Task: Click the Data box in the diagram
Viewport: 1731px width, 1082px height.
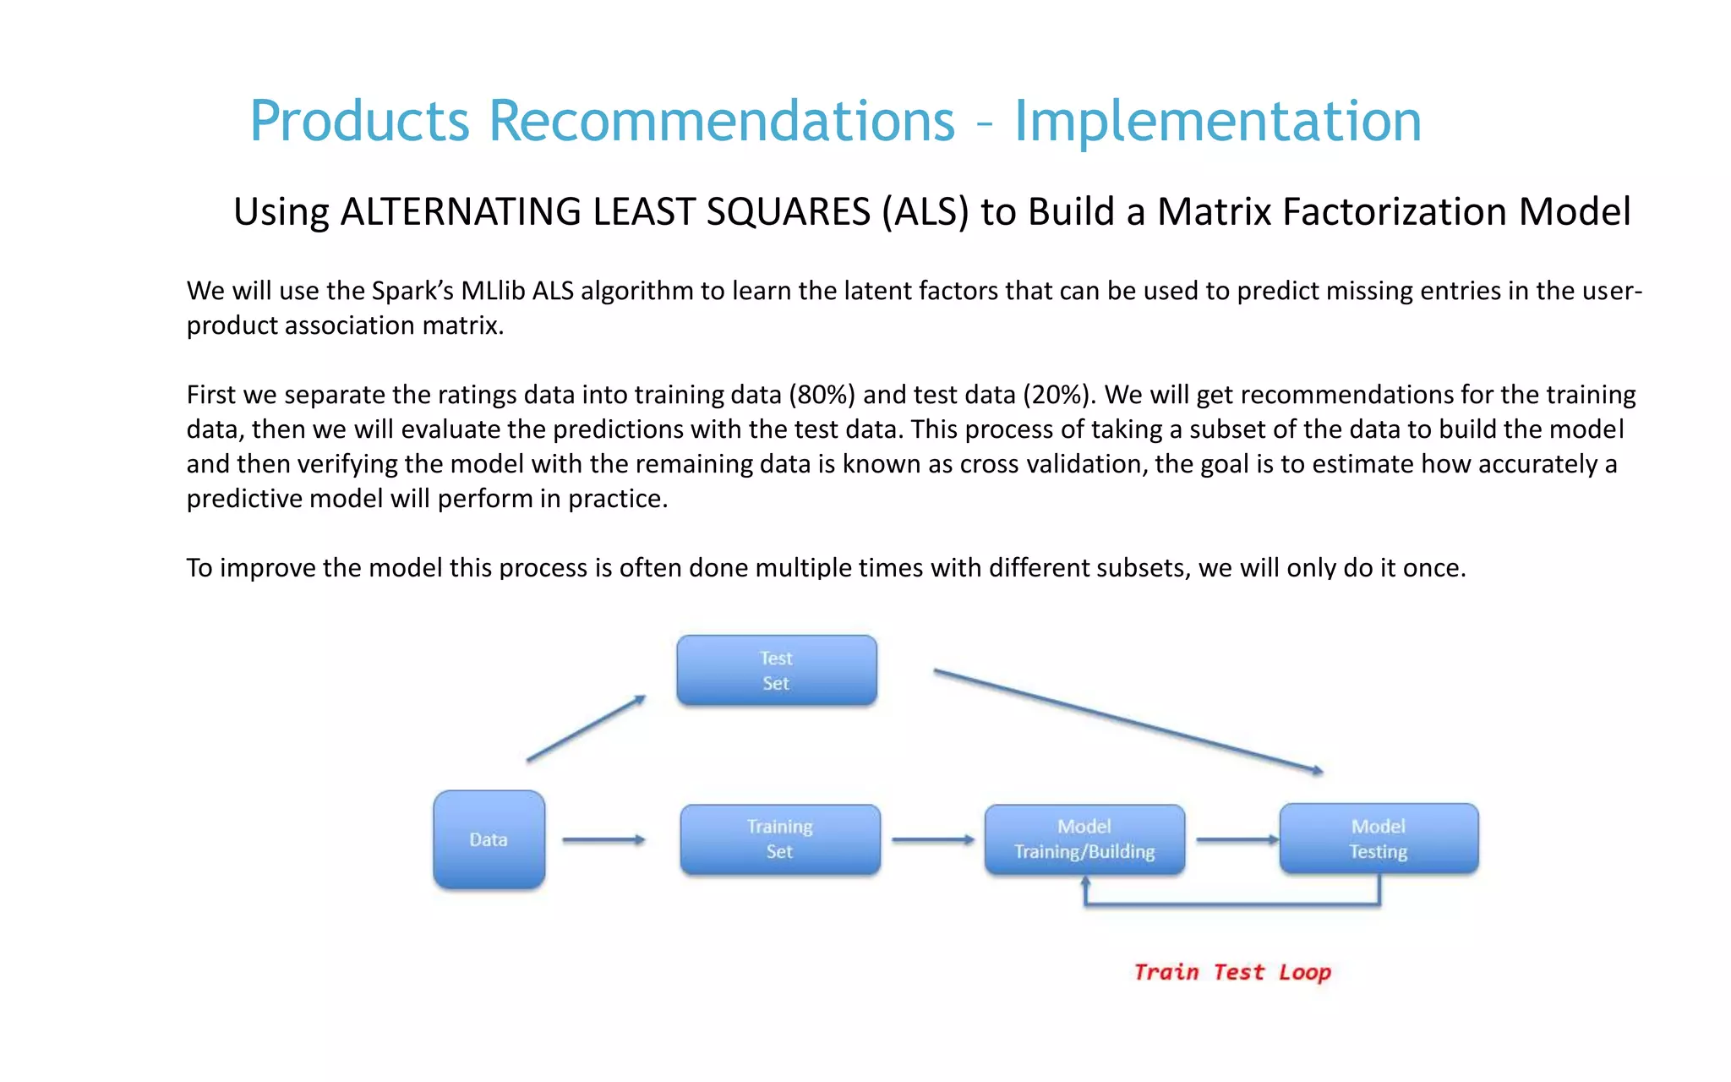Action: (489, 839)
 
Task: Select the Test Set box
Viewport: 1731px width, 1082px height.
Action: (776, 670)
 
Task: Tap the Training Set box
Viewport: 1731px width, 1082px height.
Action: (779, 839)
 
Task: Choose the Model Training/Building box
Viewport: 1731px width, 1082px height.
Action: (1084, 839)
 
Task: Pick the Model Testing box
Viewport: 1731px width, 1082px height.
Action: (1379, 839)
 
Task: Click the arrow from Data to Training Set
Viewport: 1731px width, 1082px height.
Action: (603, 839)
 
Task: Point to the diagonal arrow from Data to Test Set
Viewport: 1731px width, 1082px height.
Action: (586, 729)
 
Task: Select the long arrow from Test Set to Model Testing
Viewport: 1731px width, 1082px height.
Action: (1128, 719)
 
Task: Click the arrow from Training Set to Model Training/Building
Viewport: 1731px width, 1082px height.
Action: (932, 839)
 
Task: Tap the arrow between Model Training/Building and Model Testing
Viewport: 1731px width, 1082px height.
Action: (1237, 839)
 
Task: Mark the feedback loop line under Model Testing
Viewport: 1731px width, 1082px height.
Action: (1232, 904)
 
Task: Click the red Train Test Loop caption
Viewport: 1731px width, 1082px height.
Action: (1231, 972)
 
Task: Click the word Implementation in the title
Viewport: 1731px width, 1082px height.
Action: (1217, 121)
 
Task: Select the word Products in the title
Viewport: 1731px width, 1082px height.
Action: (359, 121)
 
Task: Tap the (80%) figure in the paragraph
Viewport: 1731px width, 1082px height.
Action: (822, 395)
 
